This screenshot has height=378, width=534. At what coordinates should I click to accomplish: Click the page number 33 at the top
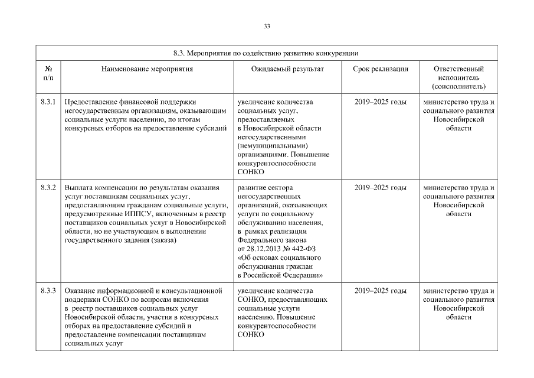tap(267, 26)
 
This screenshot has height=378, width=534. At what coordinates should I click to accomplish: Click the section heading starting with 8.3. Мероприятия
tap(267, 53)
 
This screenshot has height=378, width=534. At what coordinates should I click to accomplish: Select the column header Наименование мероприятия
tap(147, 69)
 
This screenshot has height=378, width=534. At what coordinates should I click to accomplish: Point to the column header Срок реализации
tap(381, 69)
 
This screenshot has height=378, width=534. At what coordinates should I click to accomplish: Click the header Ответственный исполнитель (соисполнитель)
tap(459, 77)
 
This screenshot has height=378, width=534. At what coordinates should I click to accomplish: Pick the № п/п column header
tap(48, 73)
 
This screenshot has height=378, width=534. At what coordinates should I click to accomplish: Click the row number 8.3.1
tap(48, 102)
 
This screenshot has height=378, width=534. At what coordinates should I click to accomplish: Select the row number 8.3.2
tap(48, 188)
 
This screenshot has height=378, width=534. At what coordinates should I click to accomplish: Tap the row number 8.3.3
tap(48, 291)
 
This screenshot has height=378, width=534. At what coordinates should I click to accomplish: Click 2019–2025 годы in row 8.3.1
tap(381, 102)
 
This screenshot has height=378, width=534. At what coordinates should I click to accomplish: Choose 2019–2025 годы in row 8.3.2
tap(381, 188)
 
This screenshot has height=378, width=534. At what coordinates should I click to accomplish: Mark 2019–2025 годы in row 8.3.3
tap(381, 291)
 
